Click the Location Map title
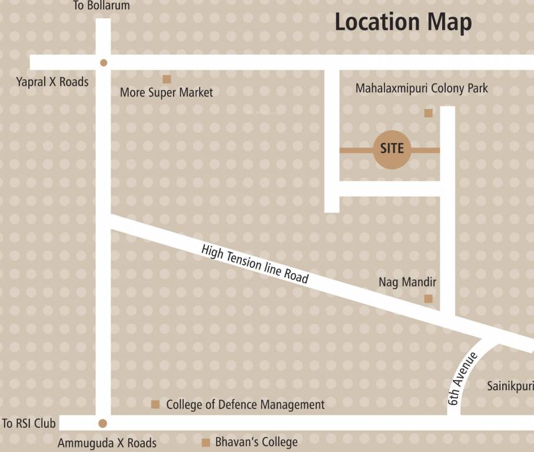coord(403,22)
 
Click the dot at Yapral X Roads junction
coord(104,62)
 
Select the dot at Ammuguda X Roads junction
coord(102,423)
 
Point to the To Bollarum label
coord(101,6)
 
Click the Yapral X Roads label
coord(52,82)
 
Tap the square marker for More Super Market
coord(167,79)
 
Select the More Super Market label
coord(167,92)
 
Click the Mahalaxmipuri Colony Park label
coord(422,88)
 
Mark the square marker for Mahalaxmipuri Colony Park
coord(429,113)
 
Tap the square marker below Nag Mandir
coord(429,299)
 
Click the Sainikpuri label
coord(510,387)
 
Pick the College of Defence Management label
coord(245,405)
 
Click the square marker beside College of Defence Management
coord(155,404)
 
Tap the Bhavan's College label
coord(256,442)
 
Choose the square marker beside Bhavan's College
coord(206,443)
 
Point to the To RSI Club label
coord(29,423)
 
